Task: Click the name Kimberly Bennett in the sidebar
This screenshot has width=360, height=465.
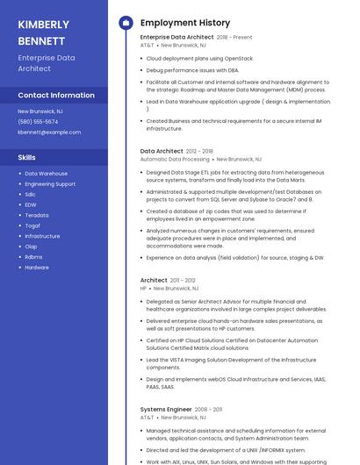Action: coord(43,32)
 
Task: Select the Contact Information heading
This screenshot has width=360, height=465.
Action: coord(56,95)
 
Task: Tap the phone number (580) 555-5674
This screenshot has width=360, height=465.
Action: coord(38,122)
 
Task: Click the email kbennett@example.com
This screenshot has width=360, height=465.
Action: coord(49,132)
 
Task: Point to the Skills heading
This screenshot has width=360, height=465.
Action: coord(27,157)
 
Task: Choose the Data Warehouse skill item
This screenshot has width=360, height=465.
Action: coord(46,174)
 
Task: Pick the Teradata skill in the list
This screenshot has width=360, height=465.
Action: coord(37,215)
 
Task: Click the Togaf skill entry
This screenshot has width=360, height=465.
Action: coord(32,225)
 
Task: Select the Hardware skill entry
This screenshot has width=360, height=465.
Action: coord(37,268)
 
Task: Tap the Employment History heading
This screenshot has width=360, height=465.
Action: coord(185,23)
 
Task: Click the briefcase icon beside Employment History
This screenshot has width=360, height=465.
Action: coord(126,23)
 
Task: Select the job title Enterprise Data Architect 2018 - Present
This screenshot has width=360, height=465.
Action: coord(196,37)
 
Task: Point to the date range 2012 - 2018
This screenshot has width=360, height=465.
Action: coord(199,151)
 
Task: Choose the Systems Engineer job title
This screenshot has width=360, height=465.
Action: coord(166,409)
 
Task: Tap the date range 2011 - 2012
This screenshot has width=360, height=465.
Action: coord(183,280)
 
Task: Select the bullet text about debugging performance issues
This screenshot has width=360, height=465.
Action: coord(191,69)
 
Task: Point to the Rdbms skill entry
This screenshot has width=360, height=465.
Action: coord(33,257)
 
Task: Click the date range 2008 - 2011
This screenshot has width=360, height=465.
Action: coord(208,409)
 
